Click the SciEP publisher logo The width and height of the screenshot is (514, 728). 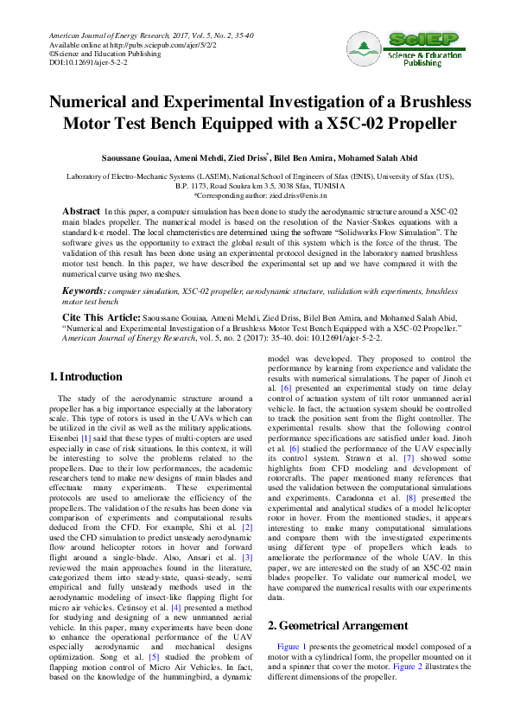click(410, 50)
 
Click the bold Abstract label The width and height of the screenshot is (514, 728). click(81, 211)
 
